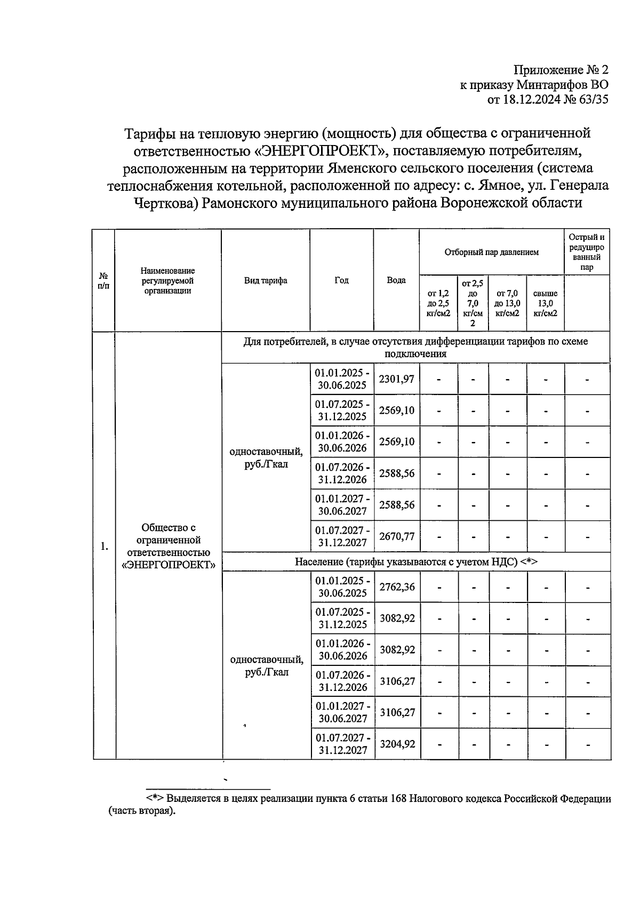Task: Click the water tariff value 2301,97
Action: click(396, 379)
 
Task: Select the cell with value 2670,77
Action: click(396, 536)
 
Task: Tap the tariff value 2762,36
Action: click(397, 587)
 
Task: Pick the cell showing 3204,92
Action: click(397, 744)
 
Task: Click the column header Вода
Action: click(396, 280)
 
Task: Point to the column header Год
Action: click(341, 280)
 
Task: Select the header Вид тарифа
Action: click(266, 280)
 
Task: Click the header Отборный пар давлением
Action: click(491, 252)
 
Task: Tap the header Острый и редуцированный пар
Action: click(587, 252)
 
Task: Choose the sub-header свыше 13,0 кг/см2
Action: click(545, 303)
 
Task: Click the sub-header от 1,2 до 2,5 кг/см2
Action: click(438, 303)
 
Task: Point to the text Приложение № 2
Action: click(561, 70)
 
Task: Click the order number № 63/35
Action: click(586, 99)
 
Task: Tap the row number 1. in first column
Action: click(104, 546)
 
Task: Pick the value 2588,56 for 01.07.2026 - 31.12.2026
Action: click(396, 473)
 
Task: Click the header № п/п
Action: click(103, 280)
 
